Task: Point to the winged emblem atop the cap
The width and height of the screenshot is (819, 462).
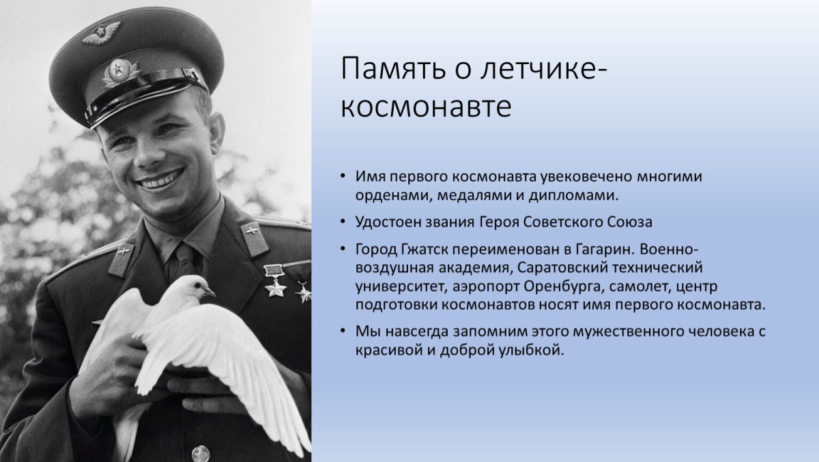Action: tap(102, 32)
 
